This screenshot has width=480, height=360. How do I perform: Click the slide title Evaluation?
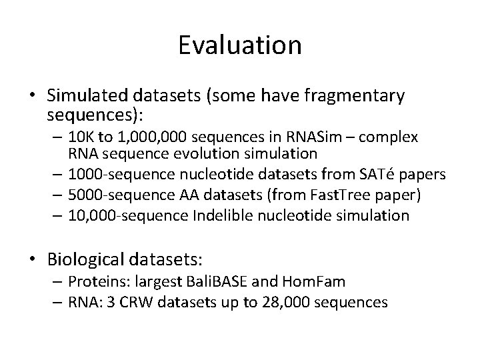(x=240, y=45)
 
